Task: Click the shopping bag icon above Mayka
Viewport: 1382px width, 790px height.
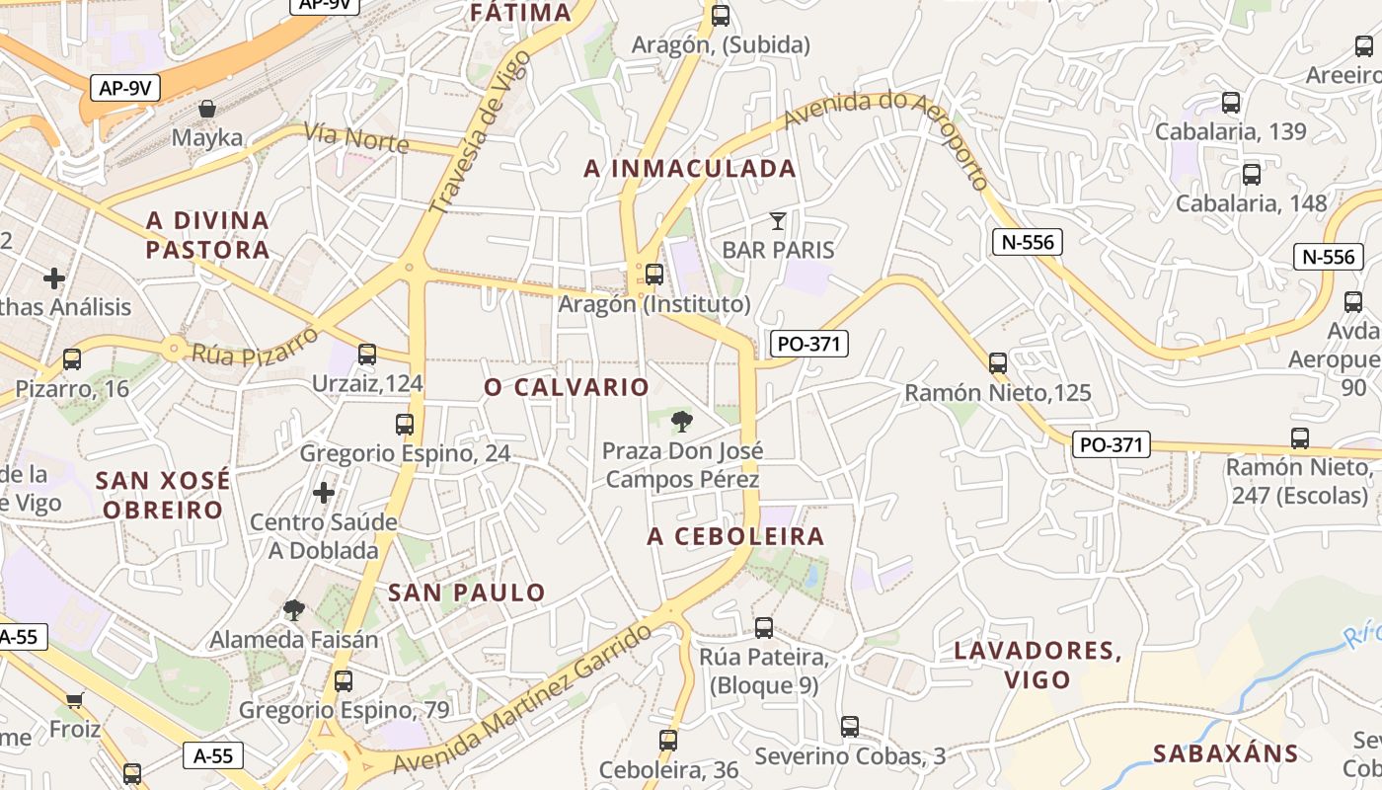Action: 207,108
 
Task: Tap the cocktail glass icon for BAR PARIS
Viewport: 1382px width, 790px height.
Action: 778,220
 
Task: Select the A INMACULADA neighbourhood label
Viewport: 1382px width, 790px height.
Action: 690,169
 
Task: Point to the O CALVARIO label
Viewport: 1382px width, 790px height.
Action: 567,387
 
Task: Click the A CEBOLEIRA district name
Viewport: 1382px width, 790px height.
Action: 735,536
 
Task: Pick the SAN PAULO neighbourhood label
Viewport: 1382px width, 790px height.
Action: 467,592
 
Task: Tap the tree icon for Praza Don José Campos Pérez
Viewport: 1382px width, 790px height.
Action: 681,423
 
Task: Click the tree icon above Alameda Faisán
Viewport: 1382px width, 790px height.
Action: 294,610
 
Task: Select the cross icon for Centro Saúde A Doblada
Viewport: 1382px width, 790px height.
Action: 324,492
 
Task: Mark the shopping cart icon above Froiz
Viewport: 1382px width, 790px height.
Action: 75,700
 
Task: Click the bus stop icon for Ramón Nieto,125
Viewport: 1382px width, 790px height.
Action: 998,362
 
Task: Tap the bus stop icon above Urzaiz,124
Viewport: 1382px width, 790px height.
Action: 367,354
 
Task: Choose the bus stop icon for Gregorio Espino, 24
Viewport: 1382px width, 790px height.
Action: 405,425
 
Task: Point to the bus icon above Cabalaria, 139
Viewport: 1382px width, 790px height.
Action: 1231,102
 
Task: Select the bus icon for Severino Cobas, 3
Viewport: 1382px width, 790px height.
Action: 850,727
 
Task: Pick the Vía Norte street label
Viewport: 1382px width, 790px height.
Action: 356,137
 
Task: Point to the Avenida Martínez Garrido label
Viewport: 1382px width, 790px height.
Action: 522,702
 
